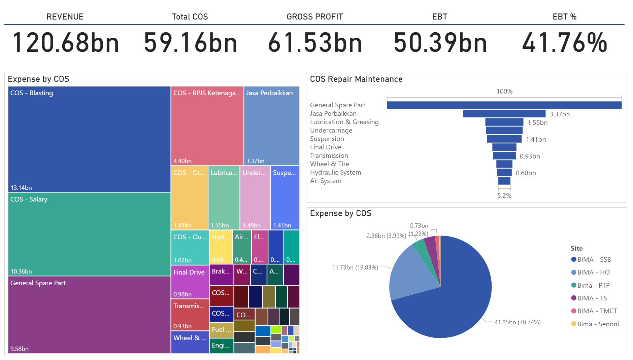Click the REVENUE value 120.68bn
(66, 43)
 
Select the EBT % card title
(564, 17)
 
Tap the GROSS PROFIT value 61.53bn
(315, 43)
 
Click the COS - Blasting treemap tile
(89, 139)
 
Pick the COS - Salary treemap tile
(89, 234)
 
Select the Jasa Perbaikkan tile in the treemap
(271, 125)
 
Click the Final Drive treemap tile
(190, 282)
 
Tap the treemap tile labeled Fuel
(221, 329)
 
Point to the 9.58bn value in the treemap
(20, 349)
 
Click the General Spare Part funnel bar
(504, 105)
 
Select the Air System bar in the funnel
(504, 181)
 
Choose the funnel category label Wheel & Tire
(329, 164)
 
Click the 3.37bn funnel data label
(559, 114)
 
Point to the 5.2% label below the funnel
(504, 196)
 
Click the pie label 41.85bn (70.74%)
(517, 322)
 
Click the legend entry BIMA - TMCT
(597, 311)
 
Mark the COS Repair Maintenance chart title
(356, 79)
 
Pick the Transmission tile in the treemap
(190, 315)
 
